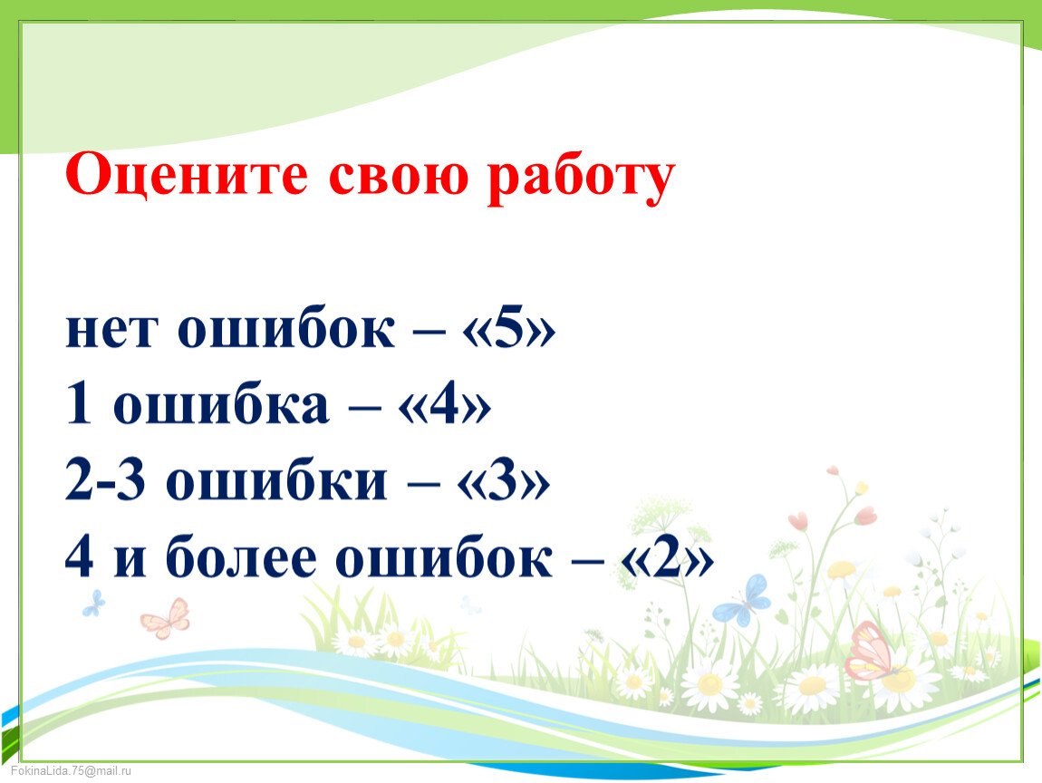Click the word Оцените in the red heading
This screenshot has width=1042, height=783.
pyautogui.click(x=187, y=175)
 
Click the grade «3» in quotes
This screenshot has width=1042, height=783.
pyautogui.click(x=503, y=480)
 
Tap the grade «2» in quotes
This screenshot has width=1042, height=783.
pyautogui.click(x=667, y=556)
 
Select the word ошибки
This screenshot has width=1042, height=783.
pyautogui.click(x=275, y=479)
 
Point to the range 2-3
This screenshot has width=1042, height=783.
pyautogui.click(x=105, y=480)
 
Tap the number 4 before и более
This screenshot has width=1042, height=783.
pyautogui.click(x=79, y=556)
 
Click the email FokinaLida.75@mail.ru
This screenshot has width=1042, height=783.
pyautogui.click(x=71, y=770)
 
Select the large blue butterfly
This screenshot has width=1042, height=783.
pyautogui.click(x=744, y=602)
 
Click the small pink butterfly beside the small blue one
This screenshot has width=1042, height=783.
pyautogui.click(x=166, y=619)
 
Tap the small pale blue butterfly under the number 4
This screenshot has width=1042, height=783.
pyautogui.click(x=93, y=603)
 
